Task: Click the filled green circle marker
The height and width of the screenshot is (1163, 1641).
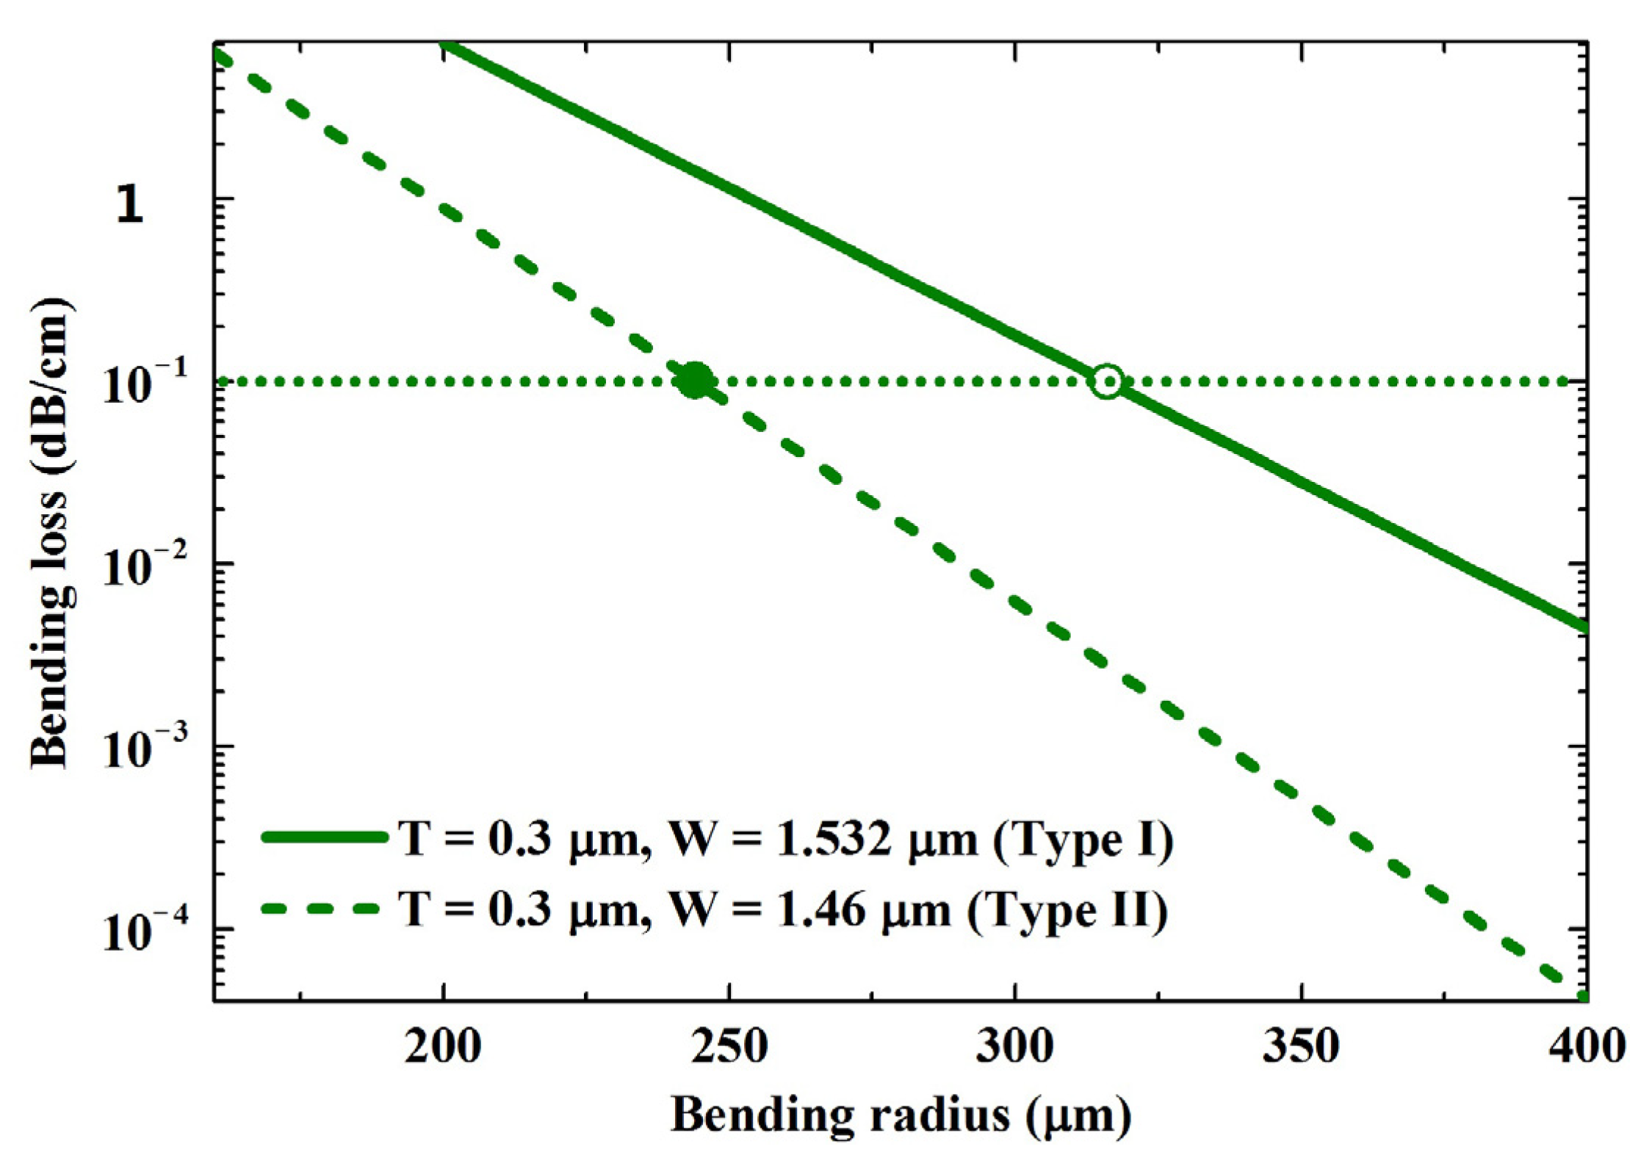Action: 694,381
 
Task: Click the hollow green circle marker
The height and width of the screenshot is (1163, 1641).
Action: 1107,381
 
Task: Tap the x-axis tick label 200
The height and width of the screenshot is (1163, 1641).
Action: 442,1046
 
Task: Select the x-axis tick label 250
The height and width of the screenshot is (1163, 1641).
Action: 729,1046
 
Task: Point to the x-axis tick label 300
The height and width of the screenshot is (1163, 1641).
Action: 1014,1046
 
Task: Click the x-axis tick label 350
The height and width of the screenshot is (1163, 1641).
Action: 1301,1046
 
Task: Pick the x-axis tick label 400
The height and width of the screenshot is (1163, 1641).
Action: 1587,1046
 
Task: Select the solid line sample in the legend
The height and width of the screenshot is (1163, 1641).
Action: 324,837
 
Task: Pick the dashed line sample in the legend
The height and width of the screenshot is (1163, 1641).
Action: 324,909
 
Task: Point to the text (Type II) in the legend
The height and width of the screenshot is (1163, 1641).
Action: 1067,911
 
